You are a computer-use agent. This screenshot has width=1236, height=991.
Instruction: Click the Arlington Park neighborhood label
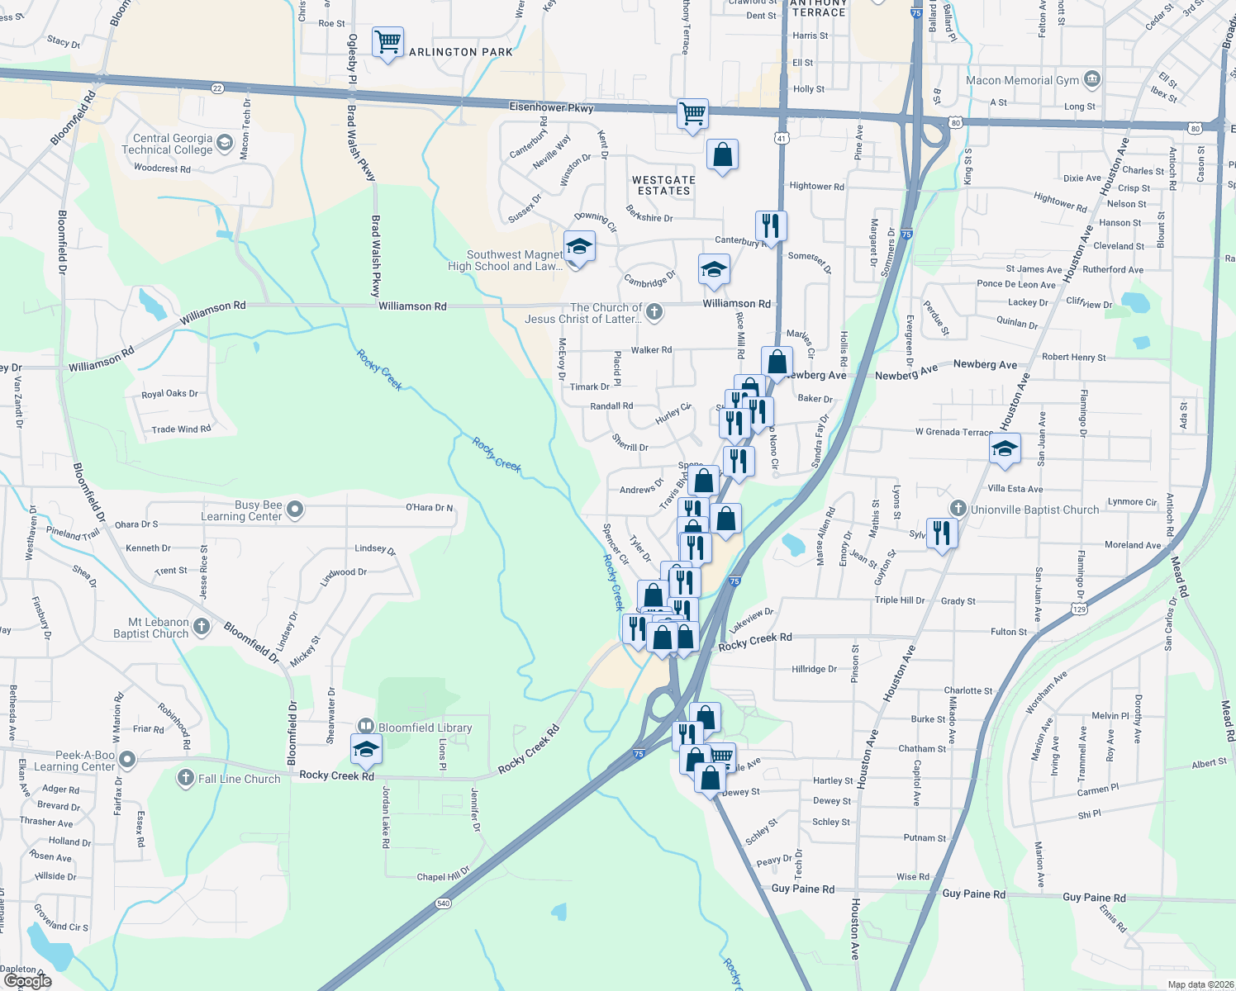click(461, 52)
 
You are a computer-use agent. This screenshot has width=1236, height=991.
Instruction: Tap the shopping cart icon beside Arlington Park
click(387, 40)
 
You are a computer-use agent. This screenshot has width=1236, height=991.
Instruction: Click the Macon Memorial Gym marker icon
click(1091, 79)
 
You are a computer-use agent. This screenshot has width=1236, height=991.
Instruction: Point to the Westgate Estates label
click(663, 185)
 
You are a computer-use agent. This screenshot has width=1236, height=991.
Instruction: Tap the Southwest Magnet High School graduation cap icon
click(579, 247)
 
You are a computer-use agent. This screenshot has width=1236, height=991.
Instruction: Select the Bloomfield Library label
click(425, 728)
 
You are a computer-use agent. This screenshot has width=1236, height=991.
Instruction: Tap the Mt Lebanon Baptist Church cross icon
click(201, 628)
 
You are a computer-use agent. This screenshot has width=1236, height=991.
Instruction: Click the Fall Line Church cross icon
click(186, 778)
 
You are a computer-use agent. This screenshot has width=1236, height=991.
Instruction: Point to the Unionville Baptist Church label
click(1034, 510)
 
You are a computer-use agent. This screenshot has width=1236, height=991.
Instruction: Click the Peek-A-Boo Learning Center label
click(74, 761)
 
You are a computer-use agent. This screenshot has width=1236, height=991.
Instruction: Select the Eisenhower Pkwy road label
click(551, 107)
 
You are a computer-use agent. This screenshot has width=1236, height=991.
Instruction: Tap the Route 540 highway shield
click(444, 903)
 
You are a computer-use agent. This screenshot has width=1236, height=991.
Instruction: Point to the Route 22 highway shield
click(217, 88)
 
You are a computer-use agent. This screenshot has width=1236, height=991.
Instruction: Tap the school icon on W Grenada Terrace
click(1005, 448)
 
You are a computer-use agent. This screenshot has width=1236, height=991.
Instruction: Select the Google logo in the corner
click(27, 980)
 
